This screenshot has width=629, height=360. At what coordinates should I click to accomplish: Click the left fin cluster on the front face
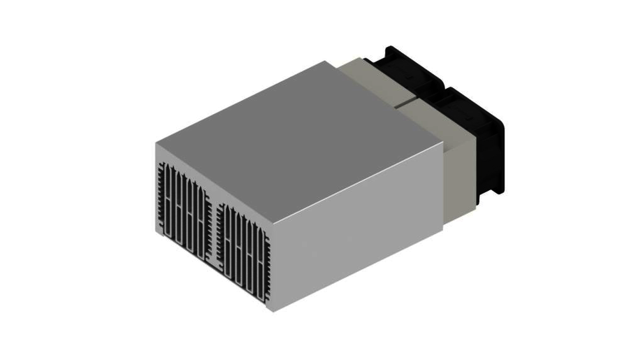(184, 209)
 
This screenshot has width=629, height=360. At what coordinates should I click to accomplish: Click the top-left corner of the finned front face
(157, 144)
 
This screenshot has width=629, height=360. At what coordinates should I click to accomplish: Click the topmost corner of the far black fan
(390, 48)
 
